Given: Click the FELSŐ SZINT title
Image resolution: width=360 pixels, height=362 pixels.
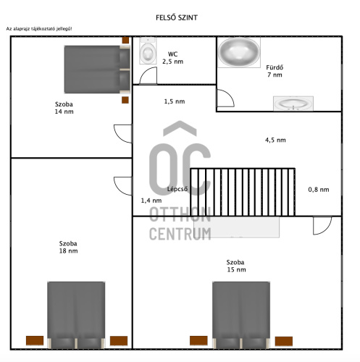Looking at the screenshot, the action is point(177,17).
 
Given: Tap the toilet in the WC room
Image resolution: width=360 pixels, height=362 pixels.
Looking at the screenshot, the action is point(148,51).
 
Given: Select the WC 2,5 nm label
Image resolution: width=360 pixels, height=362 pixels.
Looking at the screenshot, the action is point(172,58).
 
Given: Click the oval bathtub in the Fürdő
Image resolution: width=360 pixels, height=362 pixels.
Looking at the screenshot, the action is point(239,52).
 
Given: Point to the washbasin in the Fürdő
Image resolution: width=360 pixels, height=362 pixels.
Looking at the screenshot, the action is point(293,104).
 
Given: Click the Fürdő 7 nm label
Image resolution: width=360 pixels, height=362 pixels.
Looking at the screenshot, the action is point(275,71).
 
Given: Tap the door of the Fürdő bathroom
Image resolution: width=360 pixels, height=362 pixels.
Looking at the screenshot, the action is point(225,98).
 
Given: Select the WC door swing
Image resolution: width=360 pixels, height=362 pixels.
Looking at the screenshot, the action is point(148,75).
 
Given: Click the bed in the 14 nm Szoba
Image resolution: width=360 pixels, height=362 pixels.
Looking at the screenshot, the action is point(97,70).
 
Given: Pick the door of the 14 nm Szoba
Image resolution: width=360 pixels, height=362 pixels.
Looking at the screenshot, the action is point(123,134).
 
